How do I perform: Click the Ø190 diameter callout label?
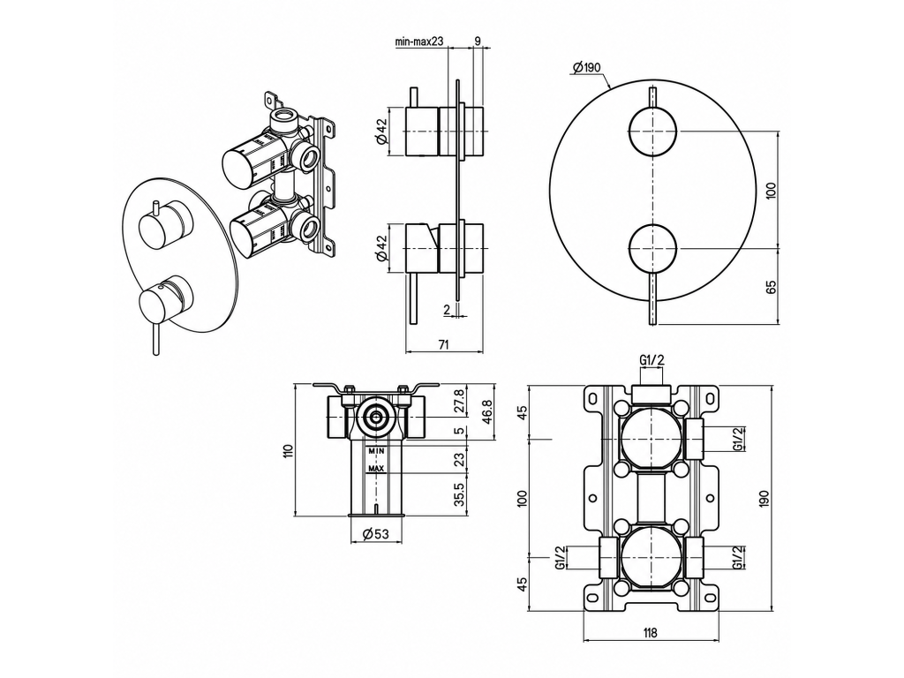click(x=586, y=67)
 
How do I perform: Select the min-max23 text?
click(x=419, y=41)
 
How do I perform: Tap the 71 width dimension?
click(x=443, y=345)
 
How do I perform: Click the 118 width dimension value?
click(x=650, y=632)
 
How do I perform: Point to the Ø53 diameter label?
click(x=375, y=534)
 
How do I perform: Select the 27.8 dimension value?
click(x=459, y=400)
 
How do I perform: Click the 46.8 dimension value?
click(x=487, y=411)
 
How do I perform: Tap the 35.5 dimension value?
click(x=459, y=494)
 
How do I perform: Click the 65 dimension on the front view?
click(x=772, y=286)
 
